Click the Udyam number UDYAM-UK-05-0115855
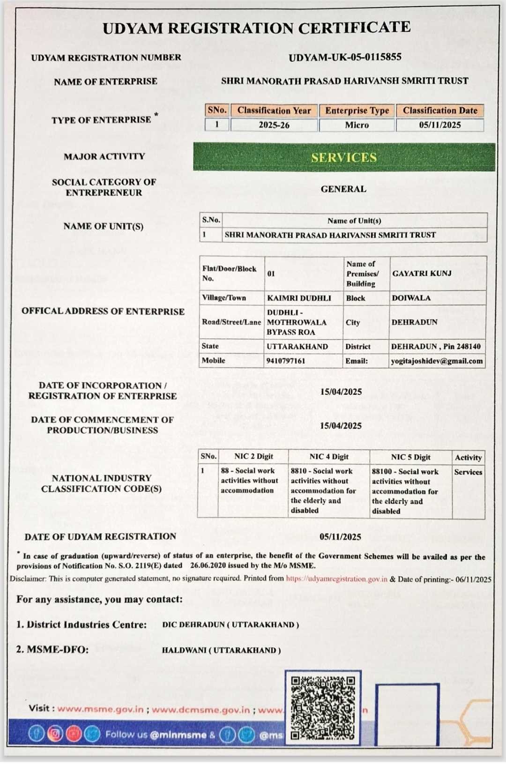pyautogui.click(x=345, y=57)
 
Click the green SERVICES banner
pyautogui.click(x=344, y=157)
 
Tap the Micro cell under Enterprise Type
pyautogui.click(x=357, y=125)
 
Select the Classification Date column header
pyautogui.click(x=440, y=111)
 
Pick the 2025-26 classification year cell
pyautogui.click(x=274, y=125)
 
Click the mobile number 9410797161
pyautogui.click(x=285, y=361)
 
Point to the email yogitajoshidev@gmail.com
pyautogui.click(x=437, y=361)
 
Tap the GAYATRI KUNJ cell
pyautogui.click(x=422, y=273)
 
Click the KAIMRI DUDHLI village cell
pyautogui.click(x=299, y=298)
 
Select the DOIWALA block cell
pyautogui.click(x=411, y=298)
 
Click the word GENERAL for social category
pyautogui.click(x=343, y=189)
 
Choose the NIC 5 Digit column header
pyautogui.click(x=410, y=457)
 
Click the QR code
pyautogui.click(x=322, y=707)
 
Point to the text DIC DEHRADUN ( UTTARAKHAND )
pyautogui.click(x=231, y=625)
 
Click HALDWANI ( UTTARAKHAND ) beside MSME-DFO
pyautogui.click(x=221, y=650)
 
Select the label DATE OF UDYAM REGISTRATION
pyautogui.click(x=100, y=536)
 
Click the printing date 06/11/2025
pyautogui.click(x=473, y=579)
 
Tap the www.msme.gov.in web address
pyautogui.click(x=100, y=709)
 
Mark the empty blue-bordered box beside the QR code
pyautogui.click(x=407, y=714)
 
